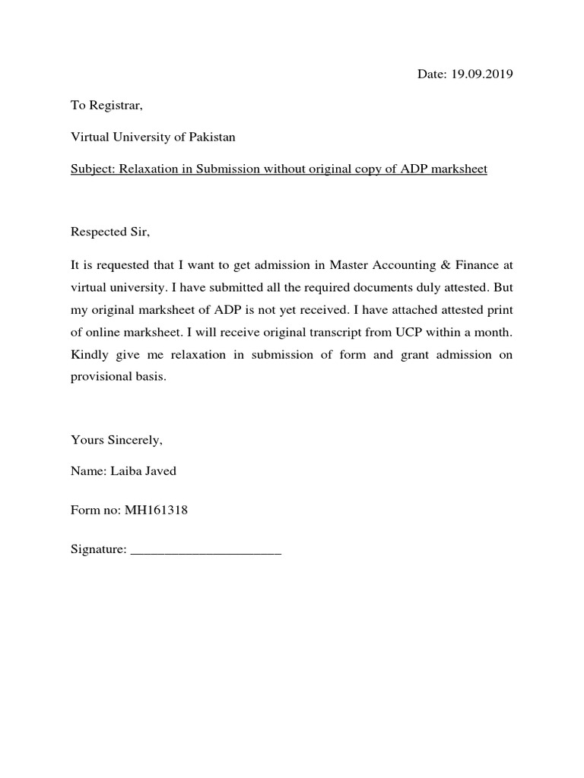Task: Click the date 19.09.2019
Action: (483, 74)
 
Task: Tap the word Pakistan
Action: (211, 138)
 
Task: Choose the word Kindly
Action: (89, 356)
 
